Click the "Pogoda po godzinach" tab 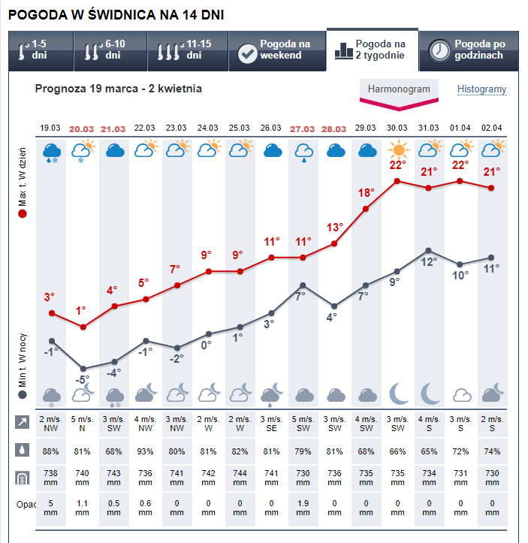click(467, 50)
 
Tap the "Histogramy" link click(481, 89)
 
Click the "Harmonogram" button click(398, 89)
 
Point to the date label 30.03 click(397, 128)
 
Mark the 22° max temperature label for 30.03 click(397, 165)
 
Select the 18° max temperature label click(366, 193)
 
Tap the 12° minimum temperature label click(428, 262)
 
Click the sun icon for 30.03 click(397, 149)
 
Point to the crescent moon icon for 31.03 click(429, 393)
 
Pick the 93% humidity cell click(145, 451)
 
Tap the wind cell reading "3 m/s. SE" click(271, 424)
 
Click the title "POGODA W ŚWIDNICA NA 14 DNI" click(116, 15)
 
